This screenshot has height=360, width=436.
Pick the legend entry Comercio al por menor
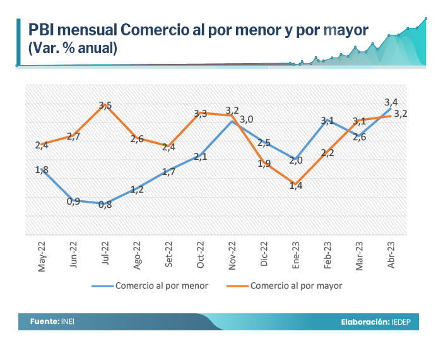[162, 285]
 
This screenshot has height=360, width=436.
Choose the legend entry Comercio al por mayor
[296, 285]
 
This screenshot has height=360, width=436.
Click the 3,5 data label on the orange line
[105, 105]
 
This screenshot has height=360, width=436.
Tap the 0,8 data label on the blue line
[105, 204]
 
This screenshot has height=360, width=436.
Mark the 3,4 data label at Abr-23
[391, 102]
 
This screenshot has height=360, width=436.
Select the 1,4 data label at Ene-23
[295, 186]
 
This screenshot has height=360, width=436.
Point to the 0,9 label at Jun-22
[73, 201]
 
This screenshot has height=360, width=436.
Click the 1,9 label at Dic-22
[264, 164]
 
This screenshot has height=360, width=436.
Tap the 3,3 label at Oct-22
[200, 114]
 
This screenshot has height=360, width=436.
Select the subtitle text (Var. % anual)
[72, 47]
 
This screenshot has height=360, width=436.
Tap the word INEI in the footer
[68, 321]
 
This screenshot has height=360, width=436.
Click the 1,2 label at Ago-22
[137, 188]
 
